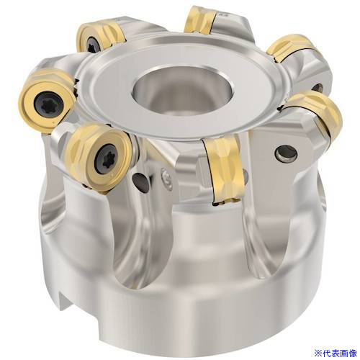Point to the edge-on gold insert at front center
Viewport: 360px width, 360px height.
(x=225, y=171)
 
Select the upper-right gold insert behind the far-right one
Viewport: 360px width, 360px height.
(x=289, y=48)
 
